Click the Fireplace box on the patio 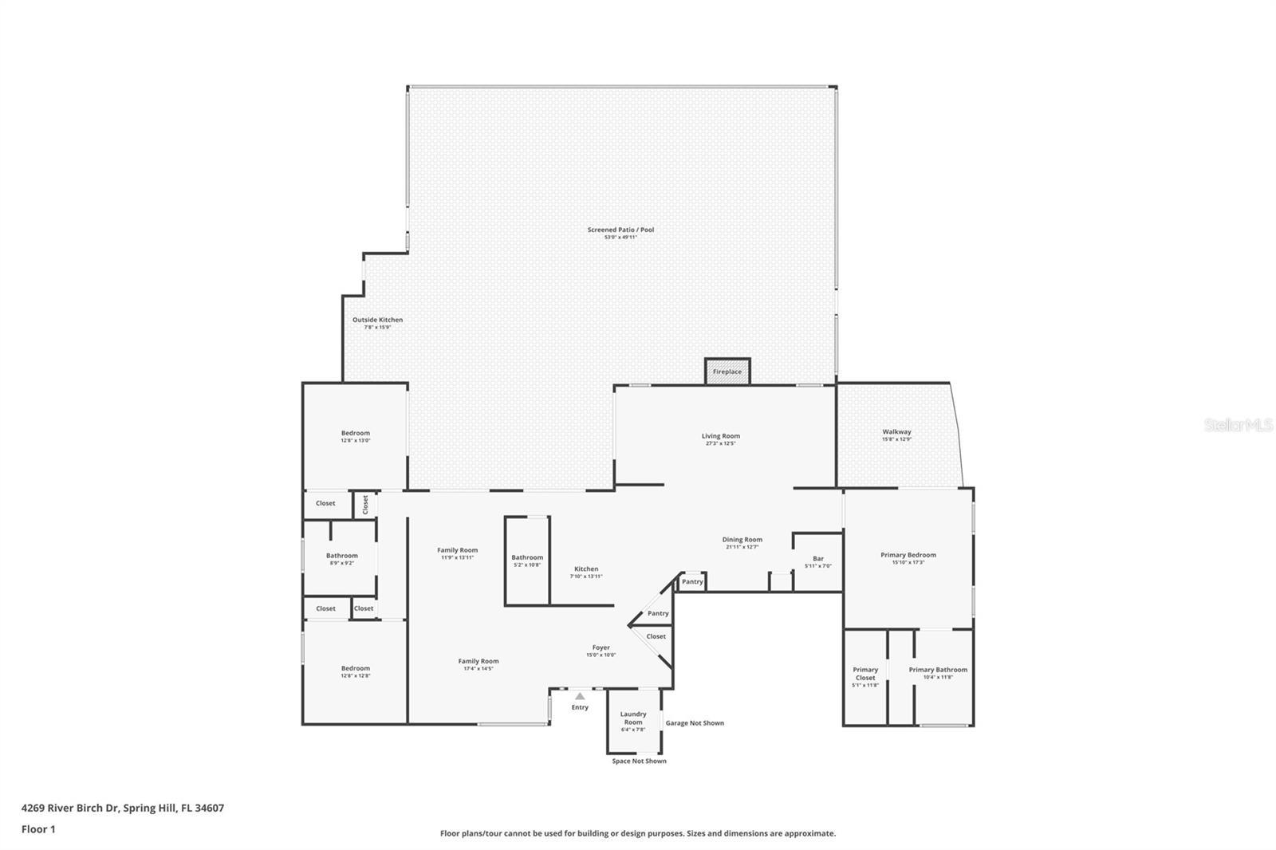(x=727, y=372)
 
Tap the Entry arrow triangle (x=580, y=696)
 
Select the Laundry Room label (x=633, y=718)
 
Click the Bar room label (x=818, y=558)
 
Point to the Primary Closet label (x=865, y=674)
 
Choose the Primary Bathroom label (x=938, y=670)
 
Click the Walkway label (x=896, y=431)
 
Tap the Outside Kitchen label (x=378, y=320)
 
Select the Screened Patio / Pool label (x=620, y=230)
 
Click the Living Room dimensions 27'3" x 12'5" (x=721, y=443)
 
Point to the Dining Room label (x=742, y=540)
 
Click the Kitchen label (x=586, y=569)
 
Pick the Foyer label (x=601, y=647)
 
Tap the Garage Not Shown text (x=695, y=723)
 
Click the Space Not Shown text (x=639, y=761)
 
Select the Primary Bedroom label (x=908, y=555)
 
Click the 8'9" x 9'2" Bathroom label (x=342, y=556)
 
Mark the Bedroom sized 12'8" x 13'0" (x=356, y=433)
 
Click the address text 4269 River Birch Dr (x=70, y=808)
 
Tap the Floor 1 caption (x=38, y=829)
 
